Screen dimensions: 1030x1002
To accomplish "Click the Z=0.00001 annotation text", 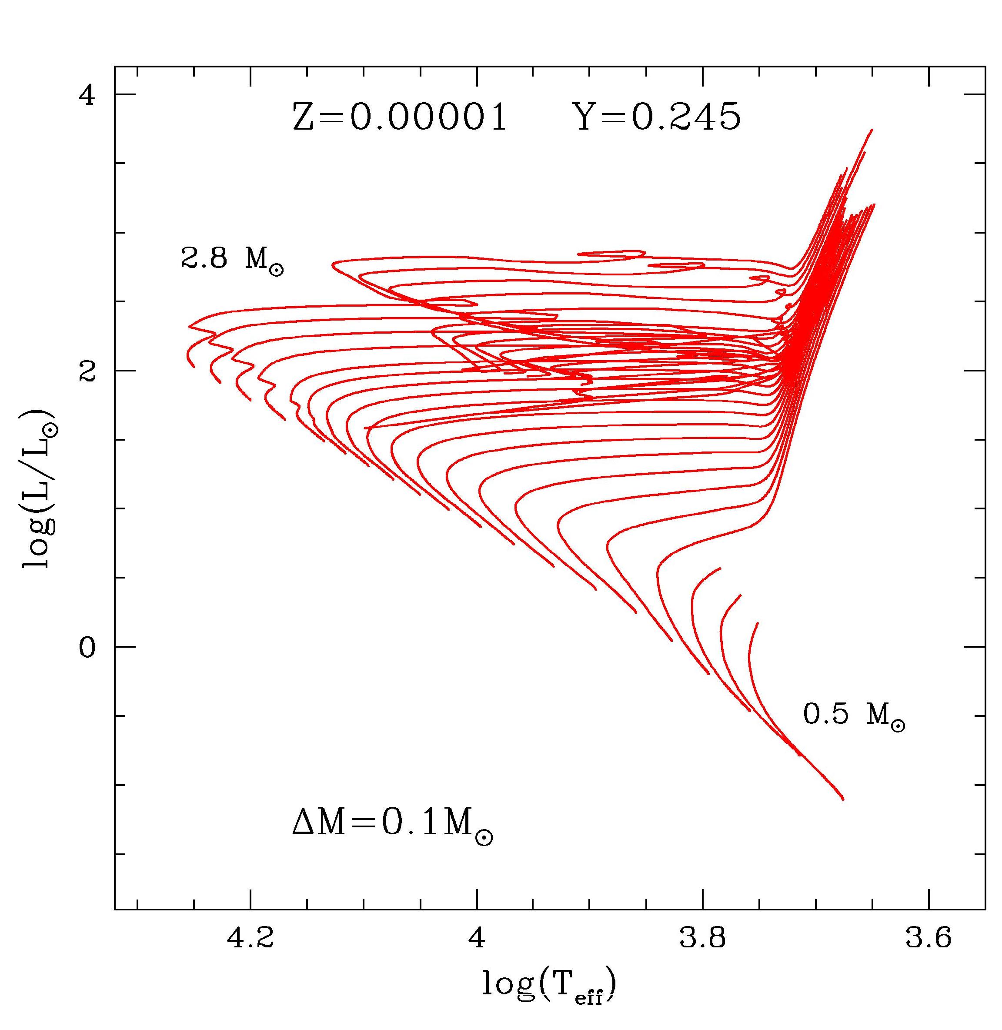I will coord(399,117).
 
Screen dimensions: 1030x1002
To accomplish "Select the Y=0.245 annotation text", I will coord(658,117).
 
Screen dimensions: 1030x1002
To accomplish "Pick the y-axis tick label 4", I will coord(88,95).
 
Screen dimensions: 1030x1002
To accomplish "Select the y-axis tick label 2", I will coord(88,371).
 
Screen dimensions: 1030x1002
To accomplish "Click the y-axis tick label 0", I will coord(88,647).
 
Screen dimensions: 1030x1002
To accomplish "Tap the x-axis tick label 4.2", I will coord(250,938).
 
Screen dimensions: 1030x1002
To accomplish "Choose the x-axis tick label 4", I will coord(477,938).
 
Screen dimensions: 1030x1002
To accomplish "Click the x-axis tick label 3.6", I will coord(929,938).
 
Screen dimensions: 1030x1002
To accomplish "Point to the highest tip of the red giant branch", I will coord(872,130).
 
